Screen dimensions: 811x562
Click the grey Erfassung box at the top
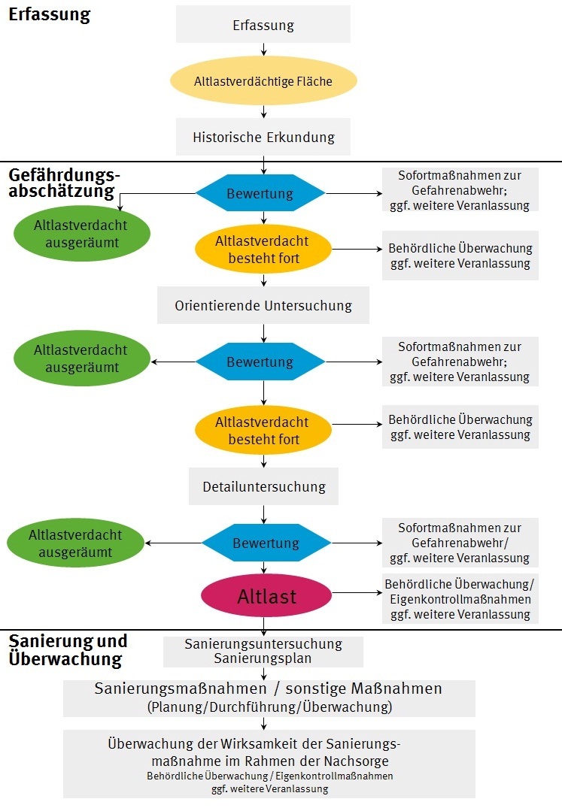tap(263, 25)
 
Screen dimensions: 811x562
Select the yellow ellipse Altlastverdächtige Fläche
tap(263, 80)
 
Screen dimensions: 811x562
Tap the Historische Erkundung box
tap(263, 138)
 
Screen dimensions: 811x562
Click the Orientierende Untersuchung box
tap(263, 306)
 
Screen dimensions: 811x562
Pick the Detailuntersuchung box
tap(263, 487)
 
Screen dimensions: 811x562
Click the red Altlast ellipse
tap(267, 597)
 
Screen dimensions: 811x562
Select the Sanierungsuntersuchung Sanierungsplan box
tap(263, 652)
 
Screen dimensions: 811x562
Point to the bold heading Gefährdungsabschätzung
tap(64, 183)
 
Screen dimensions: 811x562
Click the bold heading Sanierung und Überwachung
tap(68, 650)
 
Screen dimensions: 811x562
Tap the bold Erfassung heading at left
tap(49, 14)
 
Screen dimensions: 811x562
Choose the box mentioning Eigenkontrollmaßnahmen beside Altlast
tap(460, 599)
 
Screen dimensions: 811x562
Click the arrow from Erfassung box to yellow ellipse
tap(264, 50)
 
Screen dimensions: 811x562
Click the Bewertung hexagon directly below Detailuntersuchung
tap(266, 543)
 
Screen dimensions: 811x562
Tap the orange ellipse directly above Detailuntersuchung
tap(263, 431)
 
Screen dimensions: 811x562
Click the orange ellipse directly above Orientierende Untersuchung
tap(263, 250)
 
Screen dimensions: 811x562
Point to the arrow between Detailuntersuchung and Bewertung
tap(264, 514)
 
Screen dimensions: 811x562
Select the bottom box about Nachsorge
tap(269, 763)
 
